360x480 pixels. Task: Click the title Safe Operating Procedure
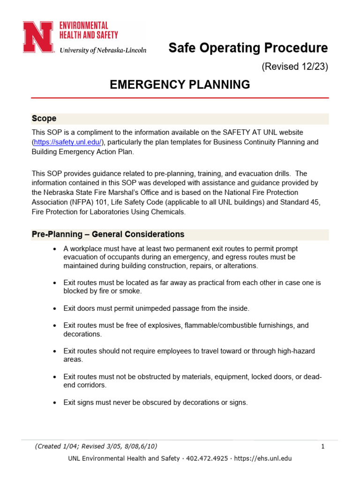[248, 48]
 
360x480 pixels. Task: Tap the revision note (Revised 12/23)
[294, 67]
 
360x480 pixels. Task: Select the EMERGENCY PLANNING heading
[180, 84]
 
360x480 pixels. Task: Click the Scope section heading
[44, 119]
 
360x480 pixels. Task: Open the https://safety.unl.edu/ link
[67, 142]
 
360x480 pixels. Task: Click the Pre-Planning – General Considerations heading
[108, 234]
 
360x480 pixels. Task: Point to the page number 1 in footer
[323, 447]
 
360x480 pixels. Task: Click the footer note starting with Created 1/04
[96, 447]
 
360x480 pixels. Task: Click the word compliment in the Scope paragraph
[96, 133]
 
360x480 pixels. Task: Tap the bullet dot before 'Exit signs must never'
[55, 403]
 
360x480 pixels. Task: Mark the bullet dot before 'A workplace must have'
[55, 248]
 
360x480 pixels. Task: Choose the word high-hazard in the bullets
[295, 351]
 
